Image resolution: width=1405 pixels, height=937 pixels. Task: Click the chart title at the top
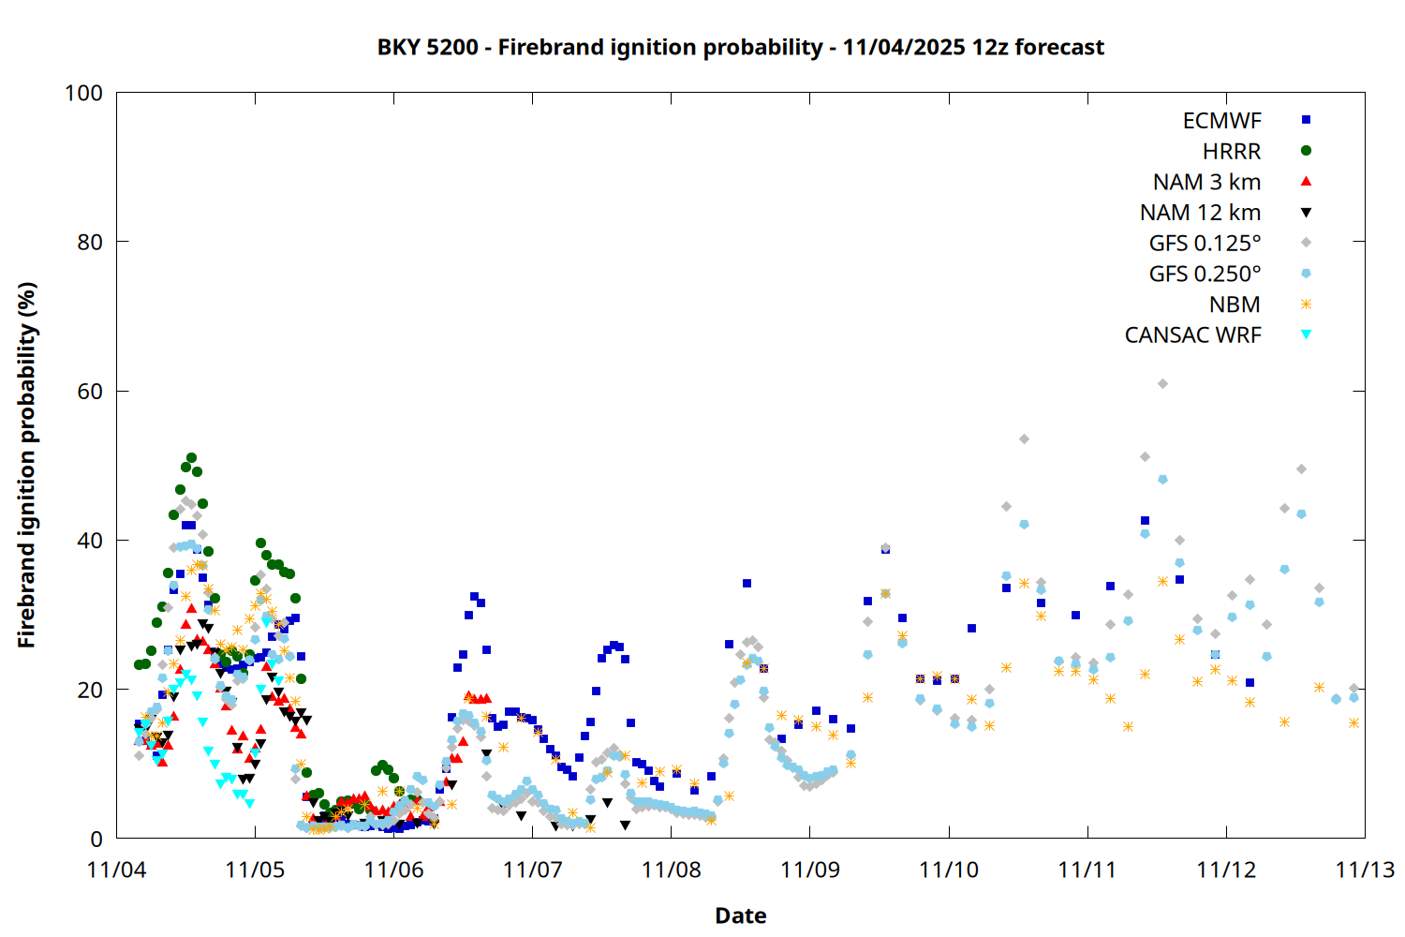pyautogui.click(x=740, y=47)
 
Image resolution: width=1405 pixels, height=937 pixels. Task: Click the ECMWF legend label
pyautogui.click(x=1221, y=121)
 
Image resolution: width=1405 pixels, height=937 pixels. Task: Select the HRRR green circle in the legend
pyautogui.click(x=1306, y=151)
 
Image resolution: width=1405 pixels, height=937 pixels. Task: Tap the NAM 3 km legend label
pyautogui.click(x=1206, y=182)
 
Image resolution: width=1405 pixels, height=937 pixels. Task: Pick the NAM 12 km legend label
pyautogui.click(x=1200, y=213)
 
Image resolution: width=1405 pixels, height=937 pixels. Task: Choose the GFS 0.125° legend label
pyautogui.click(x=1205, y=244)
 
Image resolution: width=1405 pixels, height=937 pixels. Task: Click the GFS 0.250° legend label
pyautogui.click(x=1205, y=274)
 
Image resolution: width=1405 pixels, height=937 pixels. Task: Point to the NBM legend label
pyautogui.click(x=1235, y=305)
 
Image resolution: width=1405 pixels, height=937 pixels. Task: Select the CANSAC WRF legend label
pyautogui.click(x=1192, y=335)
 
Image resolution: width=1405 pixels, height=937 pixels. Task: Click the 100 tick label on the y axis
pyautogui.click(x=83, y=93)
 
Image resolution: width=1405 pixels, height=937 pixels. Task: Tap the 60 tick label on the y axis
pyautogui.click(x=90, y=391)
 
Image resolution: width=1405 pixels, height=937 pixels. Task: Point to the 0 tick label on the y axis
pyautogui.click(x=96, y=839)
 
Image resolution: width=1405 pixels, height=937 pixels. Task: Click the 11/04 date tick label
pyautogui.click(x=116, y=870)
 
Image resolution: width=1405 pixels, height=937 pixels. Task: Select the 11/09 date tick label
pyautogui.click(x=809, y=870)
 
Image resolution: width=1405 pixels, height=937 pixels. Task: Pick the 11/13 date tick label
pyautogui.click(x=1364, y=870)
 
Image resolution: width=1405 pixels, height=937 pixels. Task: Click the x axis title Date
pyautogui.click(x=740, y=915)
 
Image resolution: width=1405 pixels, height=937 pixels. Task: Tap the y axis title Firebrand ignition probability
pyautogui.click(x=26, y=465)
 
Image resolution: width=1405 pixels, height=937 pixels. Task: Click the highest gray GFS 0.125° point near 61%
pyautogui.click(x=1162, y=383)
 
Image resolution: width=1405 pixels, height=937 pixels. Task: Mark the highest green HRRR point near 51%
pyautogui.click(x=191, y=458)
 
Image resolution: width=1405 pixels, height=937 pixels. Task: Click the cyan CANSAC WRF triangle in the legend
pyautogui.click(x=1306, y=335)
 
